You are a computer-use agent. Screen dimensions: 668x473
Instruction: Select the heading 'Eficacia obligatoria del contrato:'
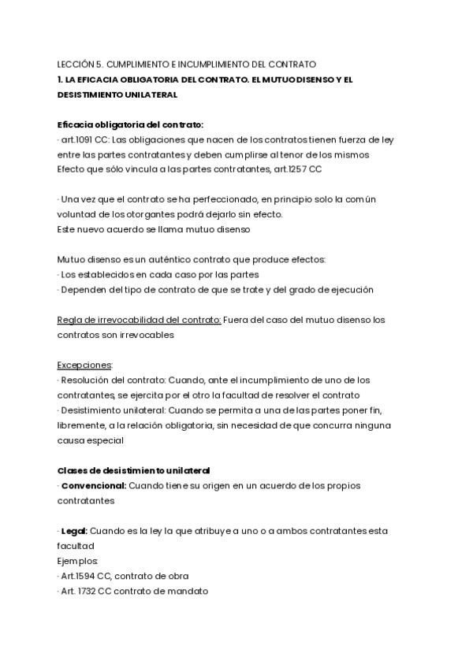coord(130,124)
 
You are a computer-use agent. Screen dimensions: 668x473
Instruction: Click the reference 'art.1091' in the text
coord(76,139)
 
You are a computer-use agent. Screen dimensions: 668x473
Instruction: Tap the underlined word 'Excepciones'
coord(84,365)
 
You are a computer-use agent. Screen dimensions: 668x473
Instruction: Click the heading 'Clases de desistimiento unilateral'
coord(134,470)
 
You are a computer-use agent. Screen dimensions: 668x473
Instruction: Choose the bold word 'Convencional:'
coord(93,485)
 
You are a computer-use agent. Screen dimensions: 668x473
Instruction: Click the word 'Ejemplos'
coord(77,561)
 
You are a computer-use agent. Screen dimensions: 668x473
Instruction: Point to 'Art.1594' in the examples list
coord(78,576)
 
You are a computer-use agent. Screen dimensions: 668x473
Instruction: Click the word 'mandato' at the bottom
coord(190,591)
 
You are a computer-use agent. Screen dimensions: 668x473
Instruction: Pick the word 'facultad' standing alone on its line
coord(76,546)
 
